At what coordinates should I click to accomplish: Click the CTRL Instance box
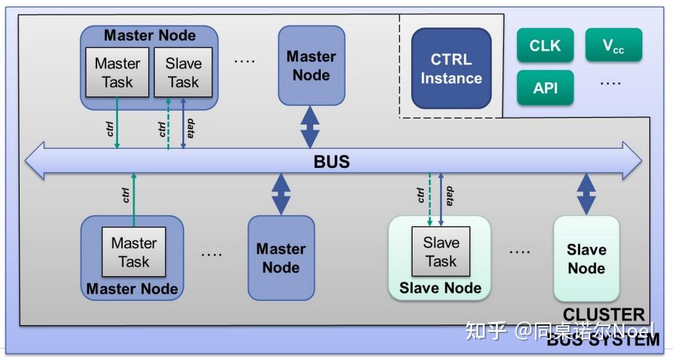click(451, 69)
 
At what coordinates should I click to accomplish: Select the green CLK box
click(544, 46)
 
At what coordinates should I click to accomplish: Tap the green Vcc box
click(613, 46)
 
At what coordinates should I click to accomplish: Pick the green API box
click(544, 88)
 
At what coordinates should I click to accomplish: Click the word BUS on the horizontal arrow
click(331, 161)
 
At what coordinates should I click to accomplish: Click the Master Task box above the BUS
click(117, 73)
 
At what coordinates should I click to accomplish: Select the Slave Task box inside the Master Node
click(183, 73)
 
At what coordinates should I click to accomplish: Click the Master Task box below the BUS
click(134, 252)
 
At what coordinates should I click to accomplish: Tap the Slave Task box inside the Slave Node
click(440, 252)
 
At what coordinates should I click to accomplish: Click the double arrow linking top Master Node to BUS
click(310, 127)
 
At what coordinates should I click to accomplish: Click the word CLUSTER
click(603, 315)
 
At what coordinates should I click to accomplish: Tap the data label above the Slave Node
click(450, 195)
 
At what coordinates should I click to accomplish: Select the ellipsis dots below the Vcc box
click(611, 83)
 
